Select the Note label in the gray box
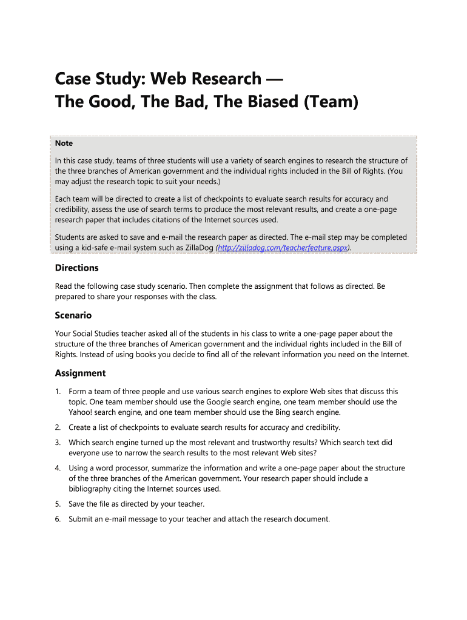point(64,143)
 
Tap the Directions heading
point(76,268)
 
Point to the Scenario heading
point(73,315)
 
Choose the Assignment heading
point(80,373)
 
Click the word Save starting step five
point(78,504)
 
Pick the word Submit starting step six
point(82,519)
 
